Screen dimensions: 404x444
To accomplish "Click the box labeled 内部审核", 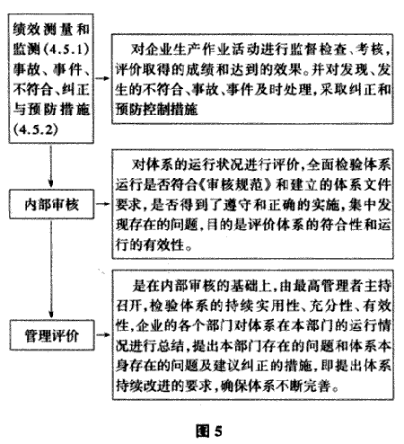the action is tap(51, 204).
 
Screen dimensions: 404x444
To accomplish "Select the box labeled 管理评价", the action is tap(52, 335).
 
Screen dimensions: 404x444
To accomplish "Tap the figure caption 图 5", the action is tap(209, 431).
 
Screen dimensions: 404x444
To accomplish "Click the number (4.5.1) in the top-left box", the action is tap(66, 49).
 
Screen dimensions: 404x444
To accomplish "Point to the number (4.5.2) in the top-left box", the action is tap(35, 129).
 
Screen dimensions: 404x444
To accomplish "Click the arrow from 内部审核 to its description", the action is tap(103, 204).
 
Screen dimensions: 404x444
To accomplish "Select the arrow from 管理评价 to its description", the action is tap(103, 335).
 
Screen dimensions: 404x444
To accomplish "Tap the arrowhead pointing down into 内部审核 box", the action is tap(50, 183).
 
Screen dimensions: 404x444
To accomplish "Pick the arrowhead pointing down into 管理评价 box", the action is tap(51, 314).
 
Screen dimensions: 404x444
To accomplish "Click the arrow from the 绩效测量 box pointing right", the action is tap(102, 78).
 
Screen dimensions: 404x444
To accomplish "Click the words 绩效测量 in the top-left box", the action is tap(42, 29).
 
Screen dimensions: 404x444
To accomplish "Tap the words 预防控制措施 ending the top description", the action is tap(157, 109).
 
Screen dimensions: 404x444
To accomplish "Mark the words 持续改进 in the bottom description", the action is tap(143, 386).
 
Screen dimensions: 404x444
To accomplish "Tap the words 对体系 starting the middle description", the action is tap(152, 164).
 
